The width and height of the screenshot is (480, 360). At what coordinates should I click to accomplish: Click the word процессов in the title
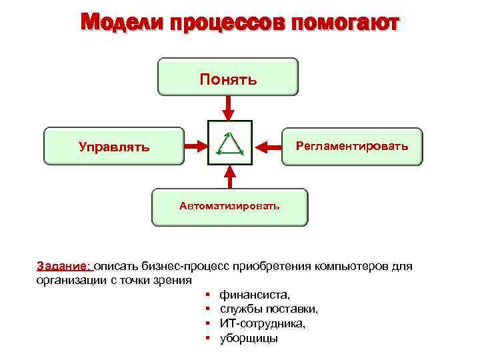pos(226,24)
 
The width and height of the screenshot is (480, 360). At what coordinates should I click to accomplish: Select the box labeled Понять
pos(228,77)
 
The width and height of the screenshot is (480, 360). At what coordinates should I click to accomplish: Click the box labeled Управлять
pos(113,146)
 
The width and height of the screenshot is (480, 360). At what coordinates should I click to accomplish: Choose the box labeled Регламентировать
pos(352,146)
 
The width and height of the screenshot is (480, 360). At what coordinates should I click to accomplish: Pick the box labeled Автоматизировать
pos(230,207)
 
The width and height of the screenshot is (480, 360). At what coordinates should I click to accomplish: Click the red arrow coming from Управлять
pos(196,145)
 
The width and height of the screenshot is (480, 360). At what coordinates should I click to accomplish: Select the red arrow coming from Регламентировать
pos(267,145)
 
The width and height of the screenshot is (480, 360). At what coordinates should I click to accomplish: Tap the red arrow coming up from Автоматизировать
pos(231,177)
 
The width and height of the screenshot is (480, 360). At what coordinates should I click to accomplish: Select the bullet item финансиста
pos(255,294)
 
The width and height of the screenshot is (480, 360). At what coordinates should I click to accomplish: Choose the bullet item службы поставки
pos(269,309)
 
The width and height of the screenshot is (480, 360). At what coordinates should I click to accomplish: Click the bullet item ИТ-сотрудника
pos(263,323)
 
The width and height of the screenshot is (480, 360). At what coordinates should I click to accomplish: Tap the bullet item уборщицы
pos(249,338)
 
